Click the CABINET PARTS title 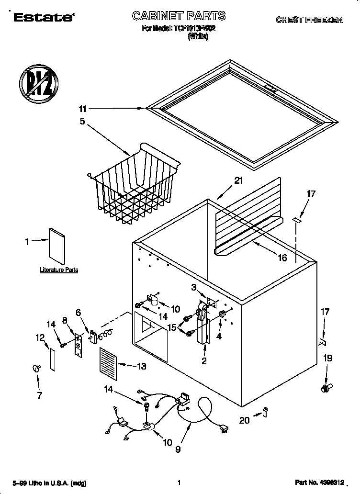tap(179, 16)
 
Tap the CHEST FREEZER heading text tap(308, 20)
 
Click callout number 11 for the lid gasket tap(83, 109)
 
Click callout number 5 tap(82, 122)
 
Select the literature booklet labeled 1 tap(57, 246)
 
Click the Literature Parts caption tap(58, 270)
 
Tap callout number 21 tap(238, 181)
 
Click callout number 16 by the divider tap(282, 258)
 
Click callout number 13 tap(141, 366)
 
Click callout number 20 tap(244, 420)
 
